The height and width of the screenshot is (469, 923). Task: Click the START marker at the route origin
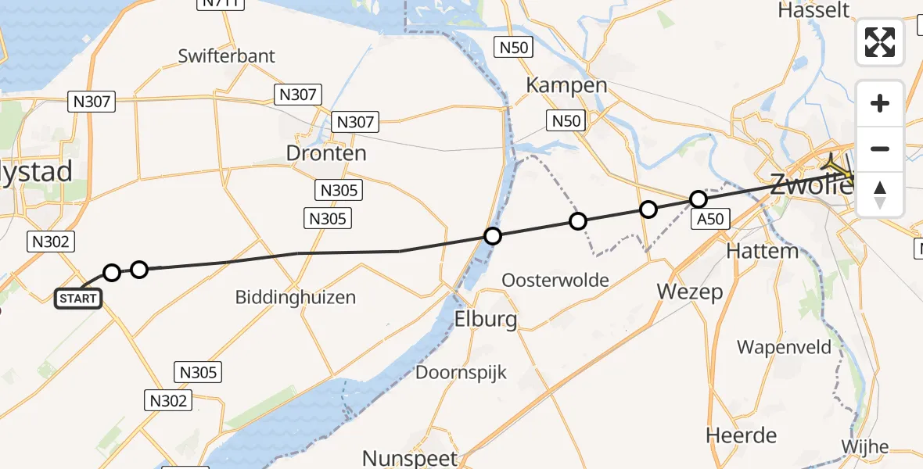(x=78, y=298)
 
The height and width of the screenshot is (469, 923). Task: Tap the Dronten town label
(x=326, y=153)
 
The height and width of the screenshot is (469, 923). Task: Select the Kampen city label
(x=566, y=85)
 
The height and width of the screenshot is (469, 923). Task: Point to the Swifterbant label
(x=227, y=56)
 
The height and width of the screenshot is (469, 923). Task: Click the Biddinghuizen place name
(x=296, y=298)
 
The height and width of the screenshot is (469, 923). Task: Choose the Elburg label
(x=486, y=320)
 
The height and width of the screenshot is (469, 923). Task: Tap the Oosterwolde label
(x=556, y=280)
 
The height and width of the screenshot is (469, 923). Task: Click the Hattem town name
(x=762, y=252)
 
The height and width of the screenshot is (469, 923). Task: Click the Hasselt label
(x=813, y=10)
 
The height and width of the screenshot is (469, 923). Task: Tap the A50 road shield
(x=710, y=220)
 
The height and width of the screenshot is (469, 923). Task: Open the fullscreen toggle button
(x=880, y=42)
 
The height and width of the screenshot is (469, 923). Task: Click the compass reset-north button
(x=880, y=195)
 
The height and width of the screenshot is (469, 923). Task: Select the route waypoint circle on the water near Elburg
(x=492, y=236)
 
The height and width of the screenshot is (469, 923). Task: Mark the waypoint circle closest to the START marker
(x=112, y=273)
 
